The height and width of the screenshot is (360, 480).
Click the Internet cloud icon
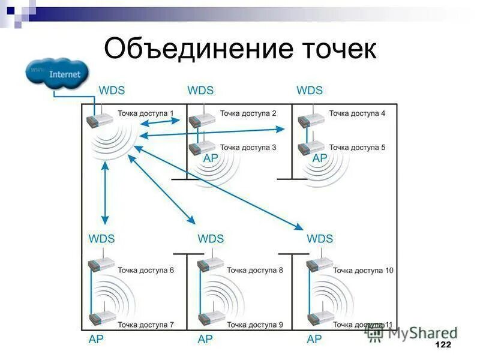[x=58, y=74]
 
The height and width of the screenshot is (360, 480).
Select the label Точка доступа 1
[x=146, y=113]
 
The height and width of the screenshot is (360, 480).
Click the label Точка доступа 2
[x=248, y=113]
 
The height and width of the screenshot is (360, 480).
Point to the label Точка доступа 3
[x=248, y=147]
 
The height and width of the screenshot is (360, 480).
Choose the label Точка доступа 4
[x=357, y=113]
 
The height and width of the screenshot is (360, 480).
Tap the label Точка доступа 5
[x=357, y=147]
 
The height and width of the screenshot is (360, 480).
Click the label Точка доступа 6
[x=146, y=271]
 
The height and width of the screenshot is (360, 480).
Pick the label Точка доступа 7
[x=146, y=325]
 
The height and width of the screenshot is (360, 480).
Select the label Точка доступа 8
[x=255, y=271]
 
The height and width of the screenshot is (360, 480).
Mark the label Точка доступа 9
[x=255, y=325]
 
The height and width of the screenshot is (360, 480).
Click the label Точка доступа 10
[x=364, y=271]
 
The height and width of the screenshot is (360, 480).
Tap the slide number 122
[x=442, y=346]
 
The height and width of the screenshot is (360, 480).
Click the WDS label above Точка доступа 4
[x=310, y=91]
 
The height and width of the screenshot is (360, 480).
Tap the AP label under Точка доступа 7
[x=96, y=340]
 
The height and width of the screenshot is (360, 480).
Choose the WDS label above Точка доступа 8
[x=211, y=239]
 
